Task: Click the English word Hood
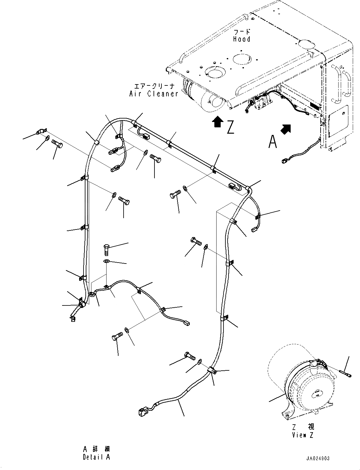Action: tap(241, 39)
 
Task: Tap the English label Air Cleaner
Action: tap(154, 94)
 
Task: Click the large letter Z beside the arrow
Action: tap(230, 127)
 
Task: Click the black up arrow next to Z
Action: tap(217, 122)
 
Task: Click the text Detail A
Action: tap(96, 457)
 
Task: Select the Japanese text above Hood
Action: tap(242, 32)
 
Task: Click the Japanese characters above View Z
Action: tap(303, 427)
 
